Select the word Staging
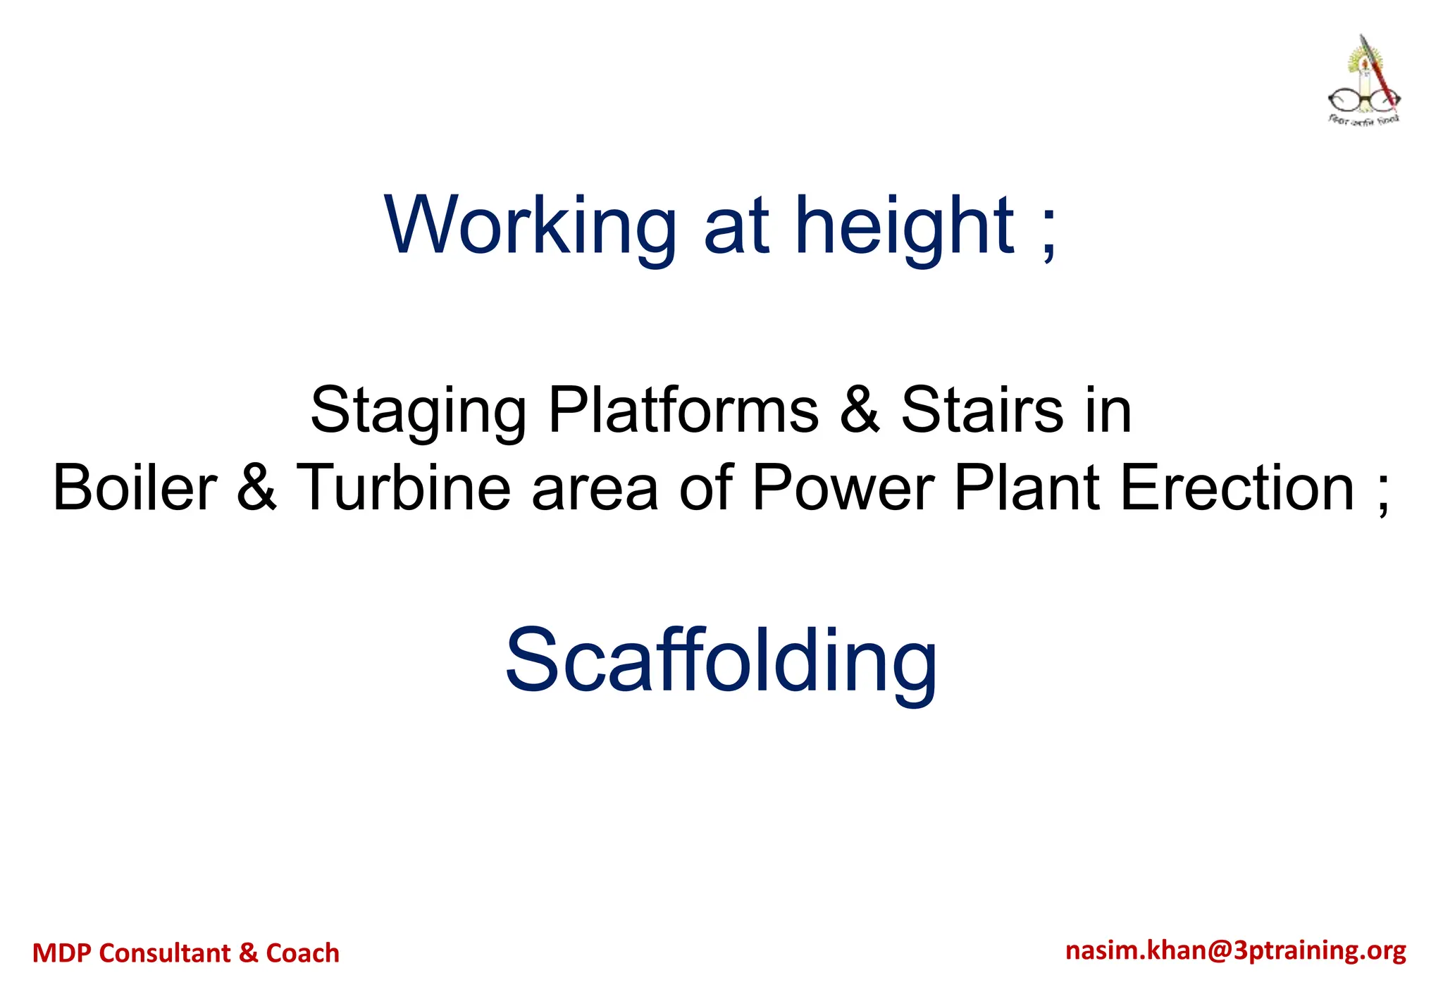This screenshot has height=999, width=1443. (418, 411)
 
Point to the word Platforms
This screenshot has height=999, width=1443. (683, 410)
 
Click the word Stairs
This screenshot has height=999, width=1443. (981, 410)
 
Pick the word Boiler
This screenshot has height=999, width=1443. (135, 488)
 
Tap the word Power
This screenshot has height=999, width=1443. (843, 488)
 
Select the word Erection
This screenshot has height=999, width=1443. (1237, 488)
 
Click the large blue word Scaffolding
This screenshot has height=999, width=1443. (721, 662)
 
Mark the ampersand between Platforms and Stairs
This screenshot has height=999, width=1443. (860, 410)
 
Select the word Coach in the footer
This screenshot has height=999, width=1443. (302, 953)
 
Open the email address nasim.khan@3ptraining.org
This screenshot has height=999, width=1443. (1236, 951)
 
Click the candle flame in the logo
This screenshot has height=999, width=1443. (1364, 63)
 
